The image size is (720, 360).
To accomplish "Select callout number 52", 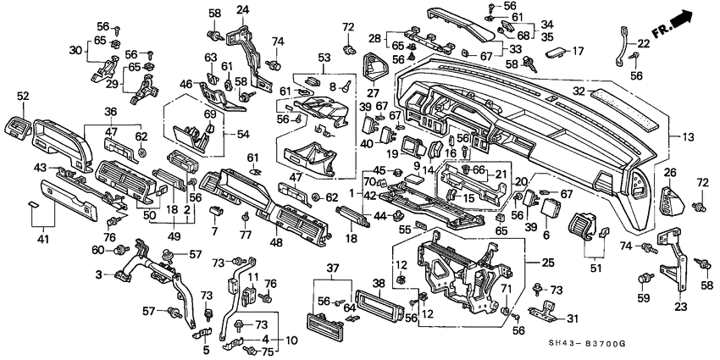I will (x=22, y=96).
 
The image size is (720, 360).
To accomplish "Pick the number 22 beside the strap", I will (x=644, y=44).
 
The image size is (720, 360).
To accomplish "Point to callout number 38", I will (x=378, y=283).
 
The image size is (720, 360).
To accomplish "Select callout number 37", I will (x=331, y=269).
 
